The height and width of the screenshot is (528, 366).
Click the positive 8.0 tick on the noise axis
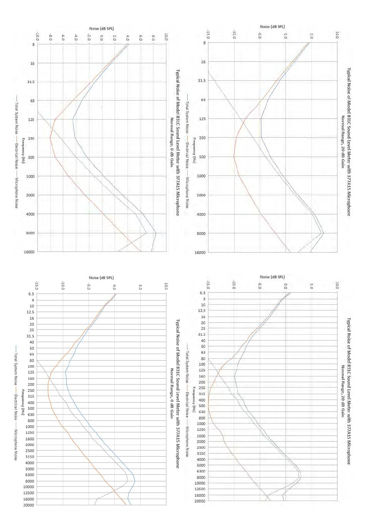(153, 37)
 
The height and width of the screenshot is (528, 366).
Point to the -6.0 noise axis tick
(63, 37)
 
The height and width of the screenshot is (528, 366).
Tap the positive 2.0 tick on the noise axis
(114, 37)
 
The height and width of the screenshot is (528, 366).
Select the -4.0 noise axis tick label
(76, 37)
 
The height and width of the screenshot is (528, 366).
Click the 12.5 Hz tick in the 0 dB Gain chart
(30, 312)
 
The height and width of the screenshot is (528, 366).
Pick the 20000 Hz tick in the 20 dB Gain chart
(201, 501)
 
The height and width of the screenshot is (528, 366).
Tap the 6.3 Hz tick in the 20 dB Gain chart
(203, 293)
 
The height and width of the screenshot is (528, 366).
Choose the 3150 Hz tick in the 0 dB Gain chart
(30, 457)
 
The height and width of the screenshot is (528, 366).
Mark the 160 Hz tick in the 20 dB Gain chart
(202, 376)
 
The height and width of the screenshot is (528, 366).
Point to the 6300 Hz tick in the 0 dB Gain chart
(30, 475)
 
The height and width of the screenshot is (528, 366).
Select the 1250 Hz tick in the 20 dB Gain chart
(201, 430)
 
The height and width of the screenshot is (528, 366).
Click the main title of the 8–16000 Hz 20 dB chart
(349, 142)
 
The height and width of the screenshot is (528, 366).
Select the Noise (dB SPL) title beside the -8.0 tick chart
(101, 29)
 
